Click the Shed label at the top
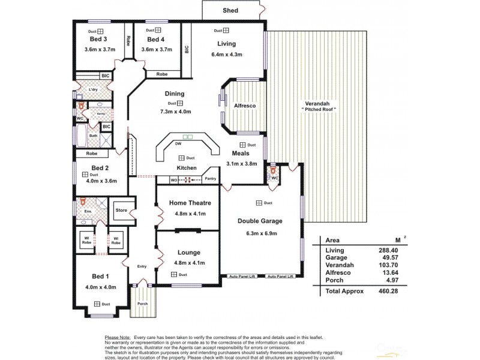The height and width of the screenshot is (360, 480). pos(230,11)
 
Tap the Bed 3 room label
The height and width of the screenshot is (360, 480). pos(98,40)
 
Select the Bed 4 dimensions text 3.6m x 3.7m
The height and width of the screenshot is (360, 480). pos(157,49)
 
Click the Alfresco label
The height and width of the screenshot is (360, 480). pos(245,106)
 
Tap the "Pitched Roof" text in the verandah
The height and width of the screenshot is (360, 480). pos(318,109)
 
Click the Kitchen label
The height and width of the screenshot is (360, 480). pos(187,167)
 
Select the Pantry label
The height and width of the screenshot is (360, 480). pos(210,179)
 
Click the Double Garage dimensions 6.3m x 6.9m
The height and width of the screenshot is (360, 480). pos(260,233)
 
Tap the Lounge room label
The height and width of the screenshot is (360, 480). pos(189,253)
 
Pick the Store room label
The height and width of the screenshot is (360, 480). pos(122,211)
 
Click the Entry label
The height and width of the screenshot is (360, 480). pos(142,266)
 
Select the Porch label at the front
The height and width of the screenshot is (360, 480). pos(142,304)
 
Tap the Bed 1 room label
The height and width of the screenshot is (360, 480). pos(100,276)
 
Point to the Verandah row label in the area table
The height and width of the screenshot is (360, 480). pos(338,265)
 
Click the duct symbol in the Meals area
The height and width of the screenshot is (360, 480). pos(243,145)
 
